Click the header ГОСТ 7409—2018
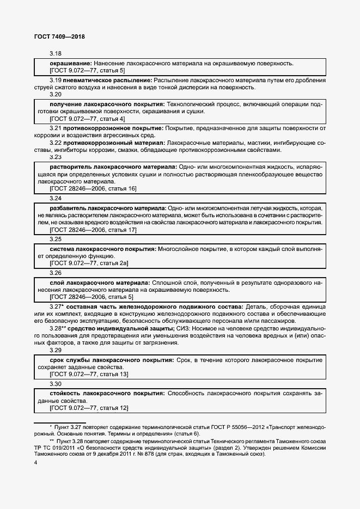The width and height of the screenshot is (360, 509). click(x=56, y=36)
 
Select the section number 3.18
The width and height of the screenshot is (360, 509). click(x=56, y=54)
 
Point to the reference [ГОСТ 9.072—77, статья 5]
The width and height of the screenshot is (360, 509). click(x=87, y=71)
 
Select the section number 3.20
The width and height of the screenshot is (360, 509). click(x=56, y=94)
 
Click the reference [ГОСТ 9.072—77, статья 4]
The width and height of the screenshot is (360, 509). click(x=87, y=119)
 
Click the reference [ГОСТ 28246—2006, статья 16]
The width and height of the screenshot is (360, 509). click(x=93, y=188)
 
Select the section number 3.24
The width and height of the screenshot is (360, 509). click(x=56, y=199)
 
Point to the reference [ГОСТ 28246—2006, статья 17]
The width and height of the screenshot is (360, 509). click(x=93, y=230)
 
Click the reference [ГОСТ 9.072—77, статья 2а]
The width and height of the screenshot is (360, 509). click(x=89, y=263)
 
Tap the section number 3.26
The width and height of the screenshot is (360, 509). click(x=56, y=273)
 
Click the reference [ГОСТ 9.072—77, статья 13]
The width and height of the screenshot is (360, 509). click(x=89, y=374)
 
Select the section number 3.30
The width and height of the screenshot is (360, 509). click(x=56, y=384)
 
